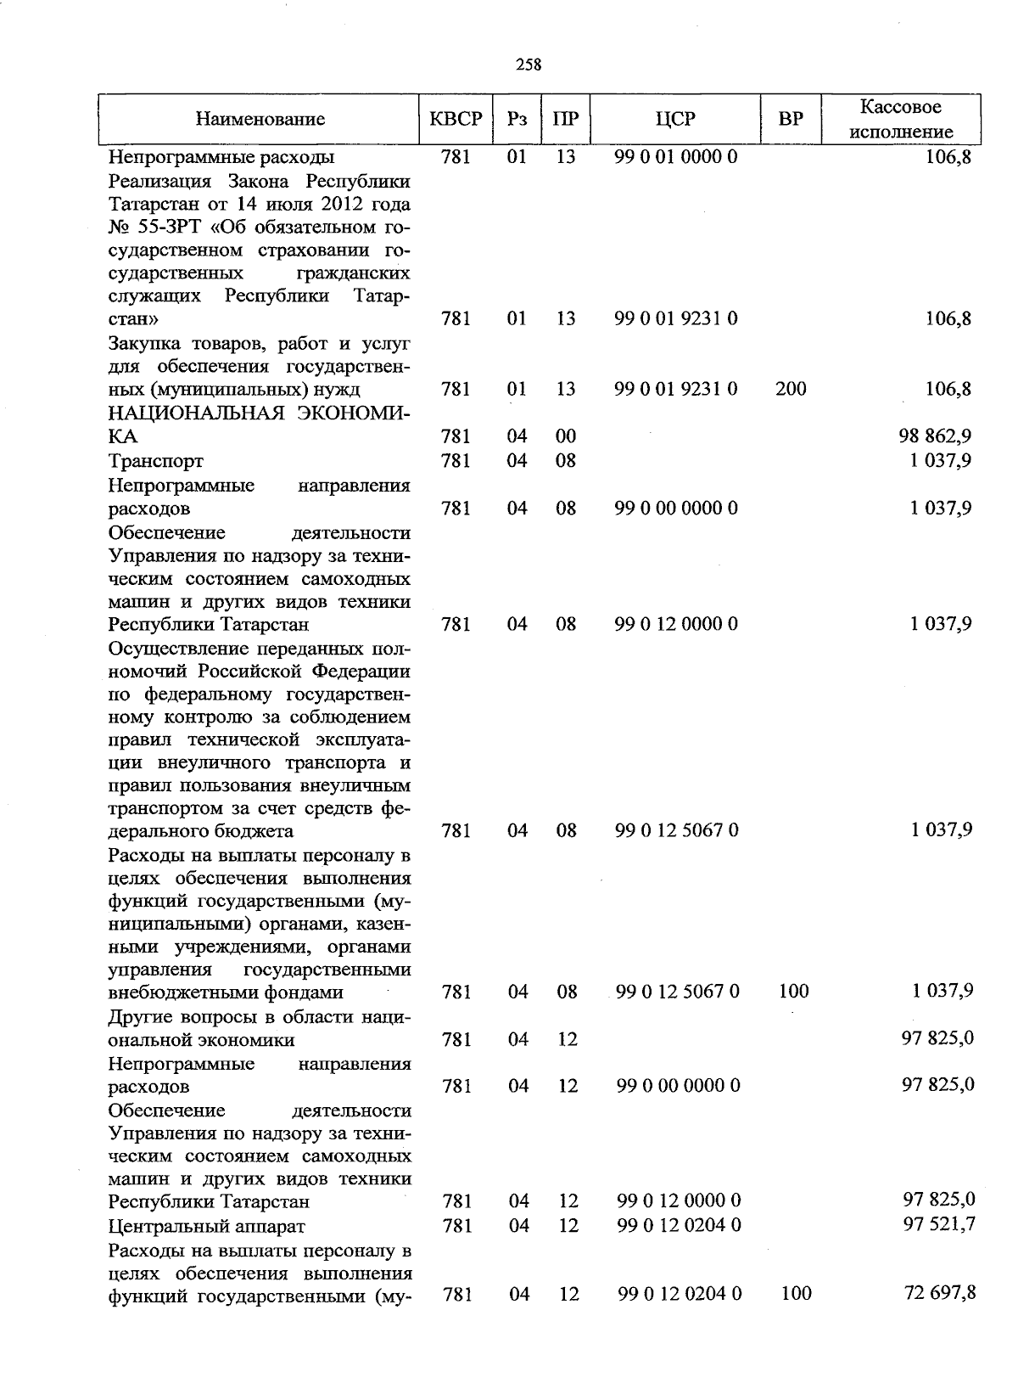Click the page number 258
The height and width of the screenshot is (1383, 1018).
[x=528, y=65]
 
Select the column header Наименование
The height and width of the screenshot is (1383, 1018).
[x=260, y=120]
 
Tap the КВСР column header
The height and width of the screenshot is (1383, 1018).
[x=456, y=120]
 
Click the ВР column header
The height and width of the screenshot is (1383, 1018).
[x=791, y=120]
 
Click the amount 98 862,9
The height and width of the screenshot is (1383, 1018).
[x=935, y=436]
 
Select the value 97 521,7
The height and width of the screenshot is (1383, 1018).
[x=938, y=1224]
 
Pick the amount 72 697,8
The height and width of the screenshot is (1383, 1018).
[x=939, y=1293]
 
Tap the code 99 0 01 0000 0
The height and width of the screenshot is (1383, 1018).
[x=676, y=157]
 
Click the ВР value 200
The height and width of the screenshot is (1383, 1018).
[x=791, y=389]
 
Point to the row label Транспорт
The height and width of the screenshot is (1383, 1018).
[x=156, y=461]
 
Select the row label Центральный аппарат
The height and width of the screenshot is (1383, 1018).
[x=207, y=1226]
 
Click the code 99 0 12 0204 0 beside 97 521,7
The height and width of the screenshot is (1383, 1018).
[x=679, y=1225]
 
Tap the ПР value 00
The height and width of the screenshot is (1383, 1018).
[x=566, y=436]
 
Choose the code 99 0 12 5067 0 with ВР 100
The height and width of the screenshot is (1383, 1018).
[x=678, y=991]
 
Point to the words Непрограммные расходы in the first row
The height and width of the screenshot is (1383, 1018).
[x=221, y=157]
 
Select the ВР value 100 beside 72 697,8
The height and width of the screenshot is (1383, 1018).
[x=796, y=1293]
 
